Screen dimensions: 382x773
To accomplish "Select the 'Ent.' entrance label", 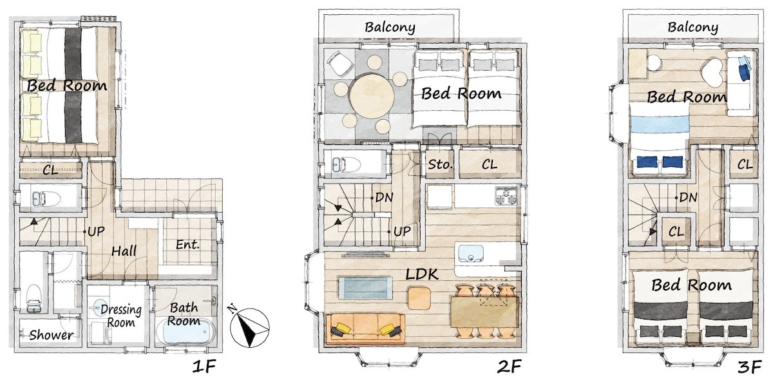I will pyautogui.click(x=187, y=245).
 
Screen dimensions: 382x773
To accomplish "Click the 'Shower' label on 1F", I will pyautogui.click(x=51, y=335).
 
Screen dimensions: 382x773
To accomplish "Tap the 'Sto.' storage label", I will pyautogui.click(x=441, y=165).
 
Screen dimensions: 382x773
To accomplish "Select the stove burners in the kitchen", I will pyautogui.click(x=506, y=196).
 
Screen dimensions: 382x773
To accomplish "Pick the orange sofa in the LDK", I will pyautogui.click(x=365, y=329).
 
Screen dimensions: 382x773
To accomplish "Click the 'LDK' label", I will pyautogui.click(x=422, y=274).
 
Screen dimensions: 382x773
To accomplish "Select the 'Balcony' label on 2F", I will pyautogui.click(x=390, y=27).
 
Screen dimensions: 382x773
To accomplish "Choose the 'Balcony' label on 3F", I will pyautogui.click(x=692, y=27).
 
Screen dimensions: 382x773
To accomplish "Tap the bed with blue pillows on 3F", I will pyautogui.click(x=658, y=138).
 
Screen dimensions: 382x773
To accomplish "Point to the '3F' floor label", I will pyautogui.click(x=751, y=368).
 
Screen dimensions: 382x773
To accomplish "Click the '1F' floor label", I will pyautogui.click(x=207, y=368).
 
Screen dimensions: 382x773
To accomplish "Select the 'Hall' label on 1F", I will pyautogui.click(x=123, y=251).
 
